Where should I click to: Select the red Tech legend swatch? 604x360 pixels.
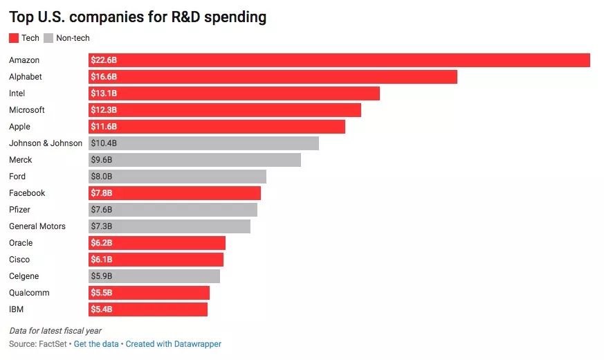point(14,38)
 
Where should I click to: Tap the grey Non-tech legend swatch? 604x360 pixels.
point(48,38)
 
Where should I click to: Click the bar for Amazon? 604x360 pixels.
point(339,60)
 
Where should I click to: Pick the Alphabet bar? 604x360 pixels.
point(273,77)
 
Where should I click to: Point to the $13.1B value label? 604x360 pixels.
point(104,93)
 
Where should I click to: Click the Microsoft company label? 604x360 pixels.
point(27,110)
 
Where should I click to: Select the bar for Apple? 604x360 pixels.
point(217,127)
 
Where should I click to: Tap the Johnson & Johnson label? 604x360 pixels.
point(46,143)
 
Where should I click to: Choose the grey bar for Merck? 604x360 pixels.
point(194,160)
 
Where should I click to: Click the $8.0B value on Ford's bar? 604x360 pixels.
point(101,177)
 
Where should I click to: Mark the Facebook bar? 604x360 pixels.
point(174,193)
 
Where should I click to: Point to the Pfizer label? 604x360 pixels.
point(20,210)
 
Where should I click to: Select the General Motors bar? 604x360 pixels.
point(170,226)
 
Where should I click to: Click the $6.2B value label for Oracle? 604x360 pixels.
point(101,243)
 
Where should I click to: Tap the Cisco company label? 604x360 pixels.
point(19,260)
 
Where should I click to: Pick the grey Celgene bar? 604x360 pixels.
point(154,276)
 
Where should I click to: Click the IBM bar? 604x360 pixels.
point(148,309)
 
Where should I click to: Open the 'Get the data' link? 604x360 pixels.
point(97,344)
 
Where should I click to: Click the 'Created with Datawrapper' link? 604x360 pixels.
point(174,344)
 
